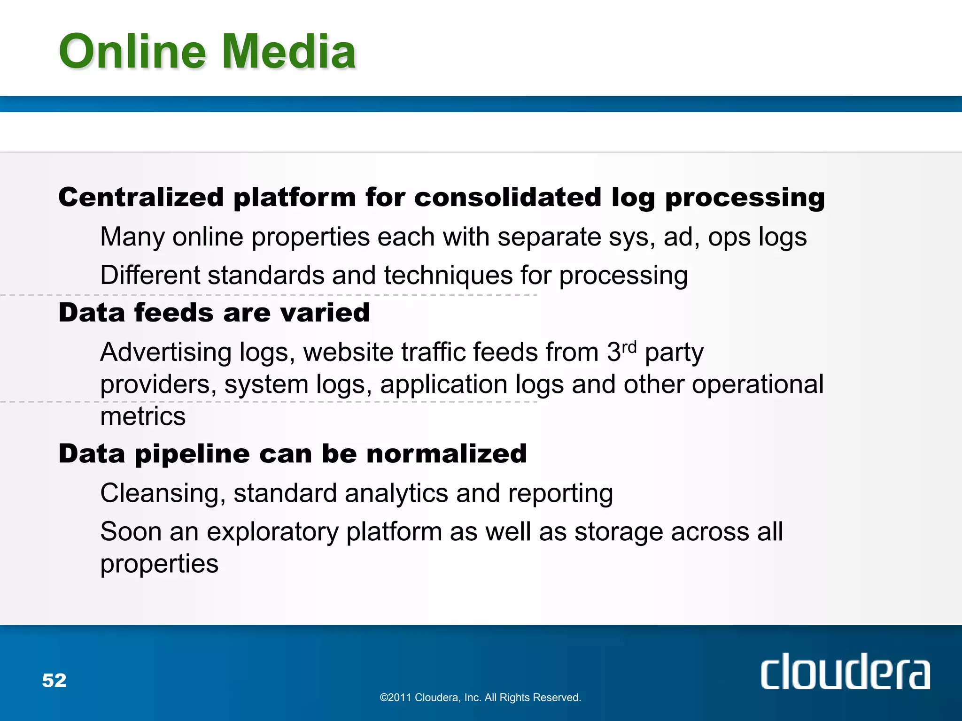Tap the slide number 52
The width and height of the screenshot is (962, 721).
click(54, 680)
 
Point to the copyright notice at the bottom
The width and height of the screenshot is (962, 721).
click(480, 698)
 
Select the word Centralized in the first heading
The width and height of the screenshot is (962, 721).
click(141, 197)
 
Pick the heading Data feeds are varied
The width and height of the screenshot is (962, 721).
click(214, 313)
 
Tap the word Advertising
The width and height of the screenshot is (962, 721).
click(166, 353)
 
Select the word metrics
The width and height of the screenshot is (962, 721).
click(143, 416)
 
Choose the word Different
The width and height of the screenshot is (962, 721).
click(150, 275)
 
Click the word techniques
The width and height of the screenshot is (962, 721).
click(448, 275)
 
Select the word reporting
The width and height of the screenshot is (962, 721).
click(560, 494)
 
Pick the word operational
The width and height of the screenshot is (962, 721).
click(758, 384)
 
